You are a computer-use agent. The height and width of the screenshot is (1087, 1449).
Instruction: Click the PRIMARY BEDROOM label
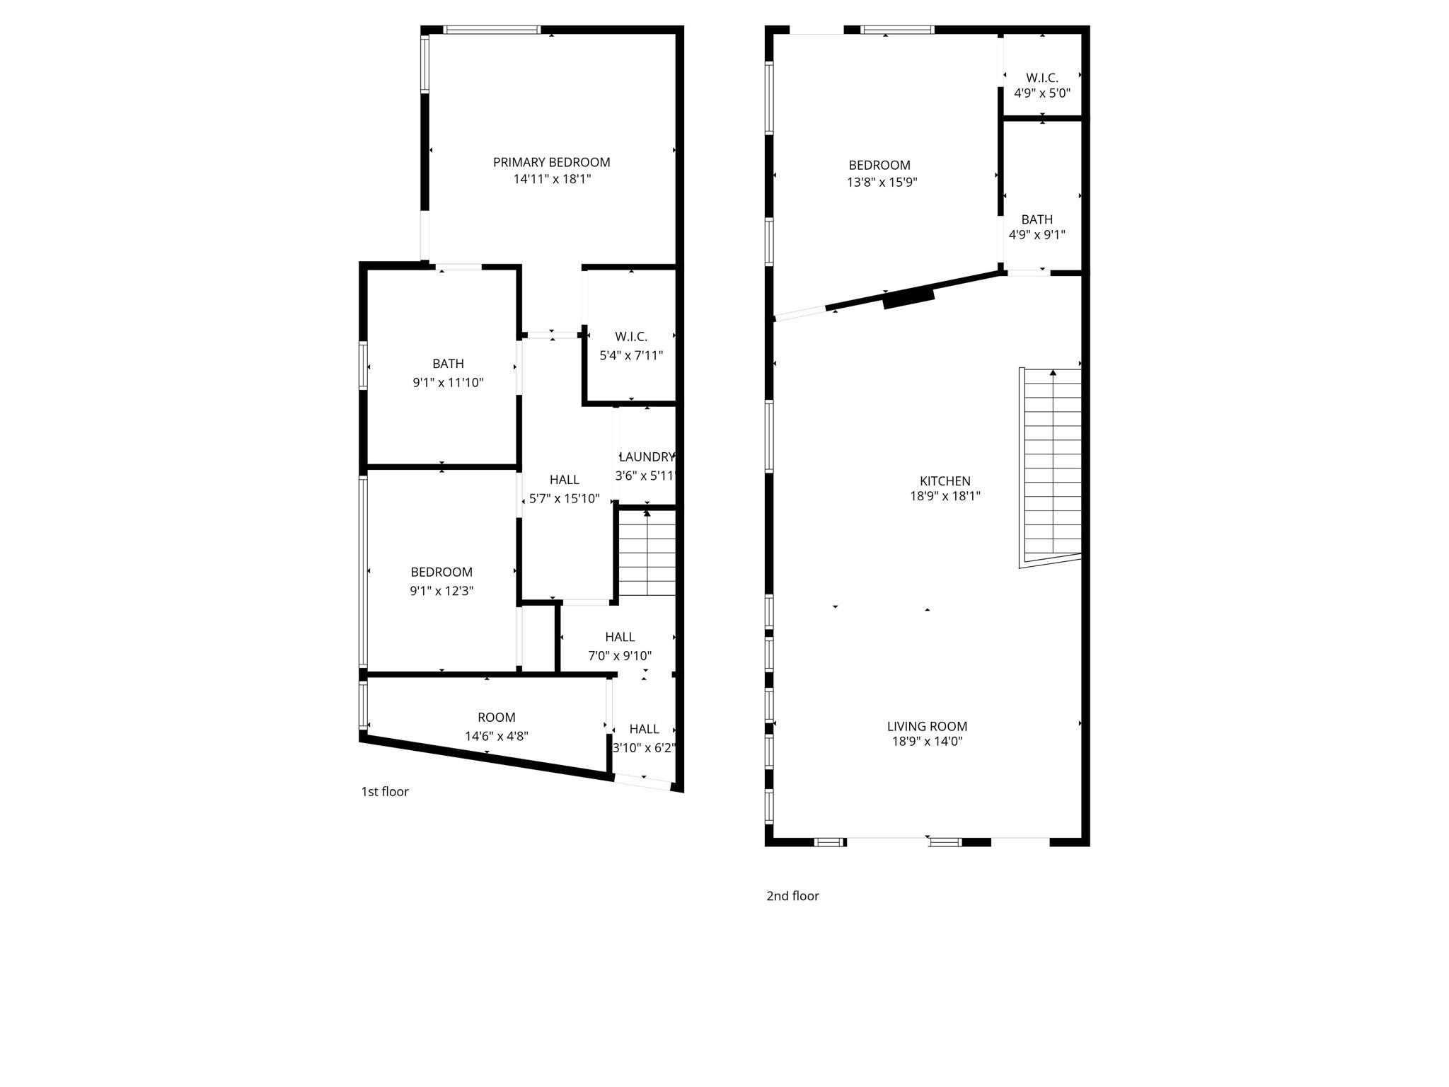pos(551,162)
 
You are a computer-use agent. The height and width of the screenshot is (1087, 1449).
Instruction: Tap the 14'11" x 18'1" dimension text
pos(551,179)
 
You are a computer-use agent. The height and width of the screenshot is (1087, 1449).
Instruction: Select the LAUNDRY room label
pos(647,456)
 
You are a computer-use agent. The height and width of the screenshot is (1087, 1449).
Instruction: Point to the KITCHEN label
pos(945,481)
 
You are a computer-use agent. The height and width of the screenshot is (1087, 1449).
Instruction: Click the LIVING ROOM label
pos(927,726)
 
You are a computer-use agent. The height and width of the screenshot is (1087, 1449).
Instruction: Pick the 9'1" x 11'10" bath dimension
pos(448,383)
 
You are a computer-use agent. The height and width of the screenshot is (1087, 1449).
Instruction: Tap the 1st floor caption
pos(385,792)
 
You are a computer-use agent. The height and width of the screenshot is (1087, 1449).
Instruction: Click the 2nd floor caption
pos(792,896)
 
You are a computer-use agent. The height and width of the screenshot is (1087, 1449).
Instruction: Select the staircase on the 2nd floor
pos(1052,464)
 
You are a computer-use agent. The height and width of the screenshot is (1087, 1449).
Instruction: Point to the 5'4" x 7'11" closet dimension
pos(631,355)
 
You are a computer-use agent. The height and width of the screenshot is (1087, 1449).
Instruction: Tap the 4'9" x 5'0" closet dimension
pos(1041,93)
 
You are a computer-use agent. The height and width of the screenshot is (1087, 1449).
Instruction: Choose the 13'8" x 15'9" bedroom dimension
pos(882,182)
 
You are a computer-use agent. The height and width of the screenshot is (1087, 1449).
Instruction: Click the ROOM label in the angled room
pos(496,718)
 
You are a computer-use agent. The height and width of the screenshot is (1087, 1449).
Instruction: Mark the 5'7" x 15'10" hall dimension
pos(564,499)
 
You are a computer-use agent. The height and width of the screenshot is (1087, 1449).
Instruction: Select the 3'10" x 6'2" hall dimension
pos(644,748)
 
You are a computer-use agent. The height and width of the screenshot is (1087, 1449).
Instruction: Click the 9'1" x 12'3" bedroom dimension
pos(441,591)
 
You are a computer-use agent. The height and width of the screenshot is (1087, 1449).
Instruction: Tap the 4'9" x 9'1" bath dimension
pos(1037,235)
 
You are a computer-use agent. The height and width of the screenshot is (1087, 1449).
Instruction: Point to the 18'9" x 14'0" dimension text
pos(927,742)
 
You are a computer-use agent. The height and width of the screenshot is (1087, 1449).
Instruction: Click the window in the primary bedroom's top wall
pos(492,30)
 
